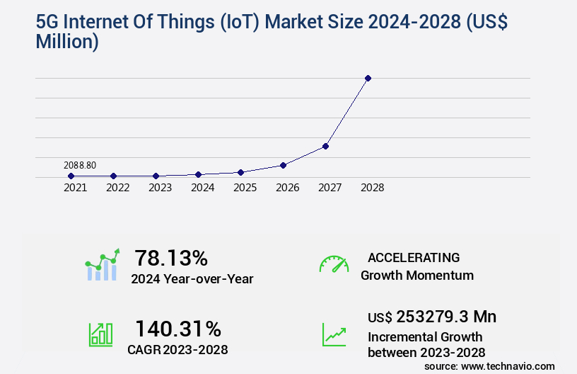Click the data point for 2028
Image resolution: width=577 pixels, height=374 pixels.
pyautogui.click(x=368, y=78)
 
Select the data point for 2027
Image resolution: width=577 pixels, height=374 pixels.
pyautogui.click(x=325, y=146)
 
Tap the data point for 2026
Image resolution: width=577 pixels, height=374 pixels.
pyautogui.click(x=283, y=165)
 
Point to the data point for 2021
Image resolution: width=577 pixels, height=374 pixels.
pyautogui.click(x=71, y=176)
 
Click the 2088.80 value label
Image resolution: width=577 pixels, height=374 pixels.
pyautogui.click(x=79, y=165)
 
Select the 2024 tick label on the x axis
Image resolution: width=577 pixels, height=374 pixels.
pyautogui.click(x=203, y=188)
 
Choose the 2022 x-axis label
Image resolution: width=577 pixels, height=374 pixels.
pyautogui.click(x=118, y=188)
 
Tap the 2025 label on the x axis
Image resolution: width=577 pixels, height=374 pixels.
pyautogui.click(x=245, y=188)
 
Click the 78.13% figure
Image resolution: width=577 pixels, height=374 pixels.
pyautogui.click(x=171, y=258)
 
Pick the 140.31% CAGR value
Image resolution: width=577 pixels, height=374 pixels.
pyautogui.click(x=178, y=329)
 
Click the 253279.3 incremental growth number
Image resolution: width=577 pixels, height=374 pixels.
pyautogui.click(x=446, y=317)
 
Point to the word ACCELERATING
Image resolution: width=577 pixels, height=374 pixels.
pyautogui.click(x=414, y=258)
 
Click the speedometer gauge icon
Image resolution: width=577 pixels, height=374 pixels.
pyautogui.click(x=334, y=264)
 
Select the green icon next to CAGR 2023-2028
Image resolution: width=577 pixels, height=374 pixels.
pyautogui.click(x=100, y=334)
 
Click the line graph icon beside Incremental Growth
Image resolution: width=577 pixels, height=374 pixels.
pyautogui.click(x=334, y=334)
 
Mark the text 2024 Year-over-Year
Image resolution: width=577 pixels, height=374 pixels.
pyautogui.click(x=192, y=279)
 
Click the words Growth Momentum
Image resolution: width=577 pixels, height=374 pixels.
pyautogui.click(x=417, y=276)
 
